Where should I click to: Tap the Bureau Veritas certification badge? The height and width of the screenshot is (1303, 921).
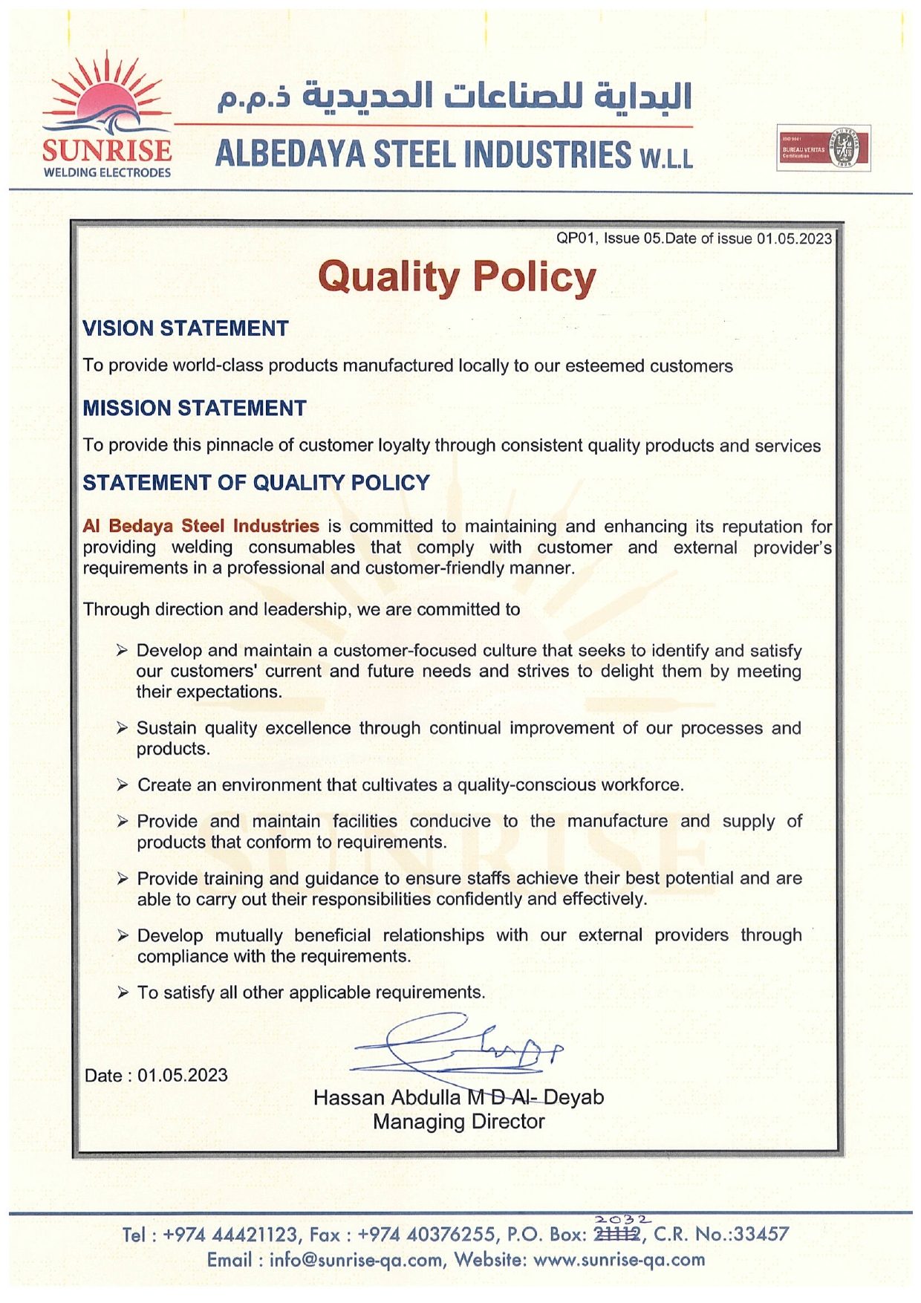pyautogui.click(x=823, y=149)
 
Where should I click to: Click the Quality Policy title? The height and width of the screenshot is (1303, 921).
pyautogui.click(x=457, y=277)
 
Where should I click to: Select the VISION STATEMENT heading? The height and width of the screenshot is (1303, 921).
pyautogui.click(x=185, y=328)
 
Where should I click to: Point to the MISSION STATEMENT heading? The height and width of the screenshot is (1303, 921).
pyautogui.click(x=194, y=408)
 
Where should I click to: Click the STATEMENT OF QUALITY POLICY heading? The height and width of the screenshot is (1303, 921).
pyautogui.click(x=256, y=483)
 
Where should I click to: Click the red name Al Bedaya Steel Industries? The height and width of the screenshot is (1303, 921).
pyautogui.click(x=201, y=526)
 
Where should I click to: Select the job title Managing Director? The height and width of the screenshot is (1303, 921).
pyautogui.click(x=458, y=1122)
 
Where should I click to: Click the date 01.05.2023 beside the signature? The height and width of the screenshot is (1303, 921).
pyautogui.click(x=182, y=1076)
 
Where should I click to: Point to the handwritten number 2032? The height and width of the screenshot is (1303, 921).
pyautogui.click(x=622, y=1219)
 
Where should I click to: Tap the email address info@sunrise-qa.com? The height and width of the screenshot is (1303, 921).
pyautogui.click(x=357, y=1260)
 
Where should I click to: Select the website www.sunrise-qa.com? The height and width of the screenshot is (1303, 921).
pyautogui.click(x=619, y=1260)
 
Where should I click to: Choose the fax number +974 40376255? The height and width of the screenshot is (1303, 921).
pyautogui.click(x=426, y=1235)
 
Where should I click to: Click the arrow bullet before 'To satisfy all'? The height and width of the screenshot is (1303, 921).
pyautogui.click(x=123, y=993)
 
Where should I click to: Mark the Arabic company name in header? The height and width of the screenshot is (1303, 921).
pyautogui.click(x=455, y=97)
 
